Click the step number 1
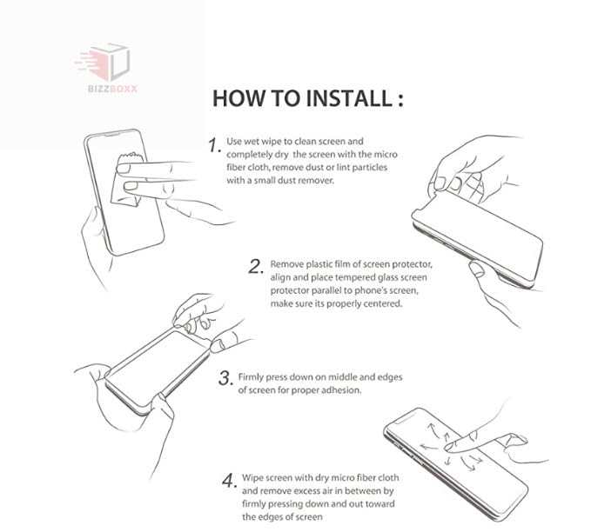coord(214,145)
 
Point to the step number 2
coord(255,267)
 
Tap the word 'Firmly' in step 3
coord(252,377)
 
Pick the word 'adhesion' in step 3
coord(340,390)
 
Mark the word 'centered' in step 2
coord(380,304)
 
